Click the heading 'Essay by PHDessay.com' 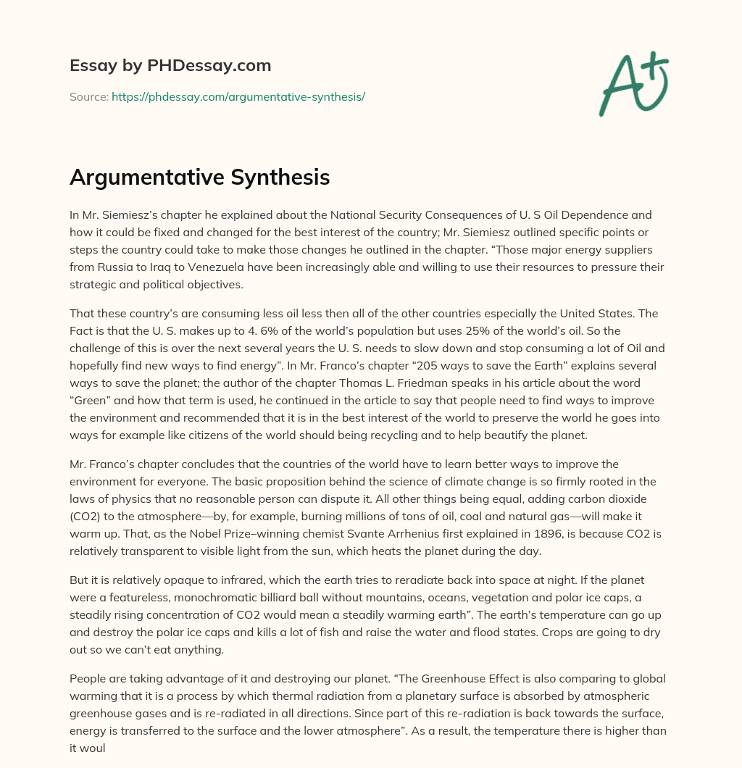pos(170,66)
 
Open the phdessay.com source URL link pos(238,96)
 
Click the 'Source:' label pos(88,96)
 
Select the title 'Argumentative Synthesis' pos(199,178)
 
